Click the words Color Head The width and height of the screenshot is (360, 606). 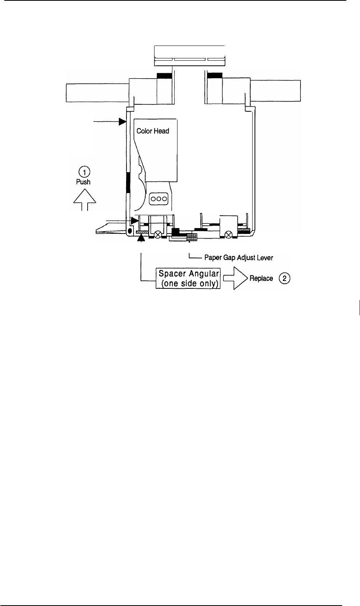[x=153, y=131]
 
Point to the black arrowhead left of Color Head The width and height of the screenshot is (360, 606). [x=122, y=122]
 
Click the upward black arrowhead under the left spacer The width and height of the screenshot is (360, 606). [x=141, y=239]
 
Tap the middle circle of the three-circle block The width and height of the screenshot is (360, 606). [x=159, y=198]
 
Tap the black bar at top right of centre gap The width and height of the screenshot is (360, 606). [x=215, y=76]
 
